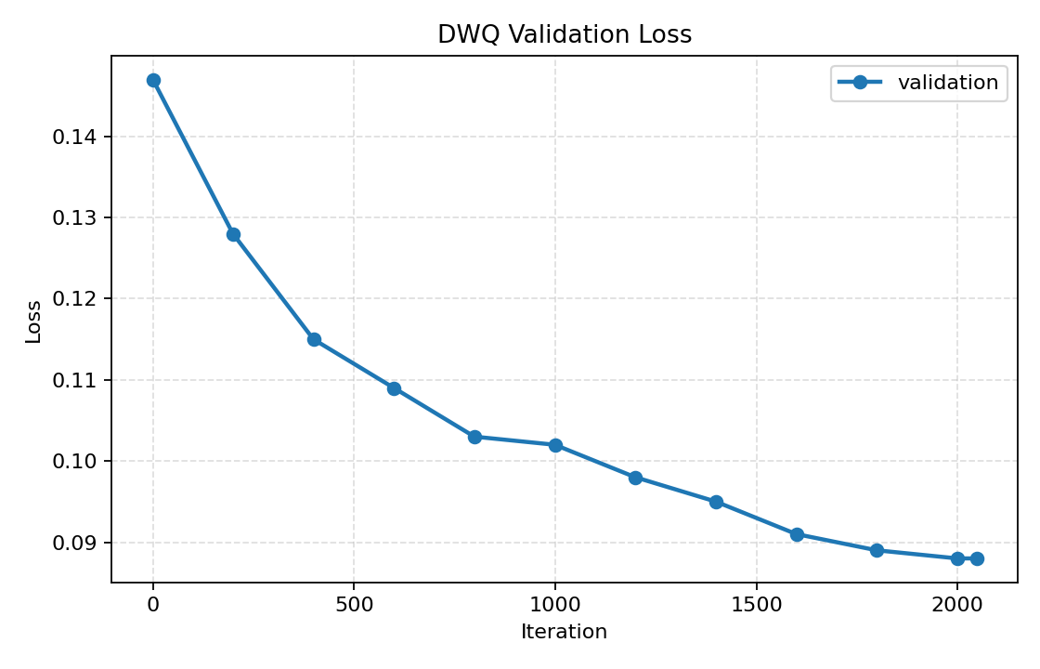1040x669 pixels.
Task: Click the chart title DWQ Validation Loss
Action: point(565,35)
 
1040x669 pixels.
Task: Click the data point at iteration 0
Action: point(153,80)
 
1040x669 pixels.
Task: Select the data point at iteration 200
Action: point(233,234)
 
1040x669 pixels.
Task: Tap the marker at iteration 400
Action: point(314,339)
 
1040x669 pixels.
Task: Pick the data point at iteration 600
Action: point(394,388)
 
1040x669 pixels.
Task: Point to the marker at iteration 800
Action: point(474,437)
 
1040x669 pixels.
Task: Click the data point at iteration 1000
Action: point(555,445)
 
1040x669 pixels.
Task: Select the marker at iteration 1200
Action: point(635,478)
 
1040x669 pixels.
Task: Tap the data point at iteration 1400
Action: point(716,502)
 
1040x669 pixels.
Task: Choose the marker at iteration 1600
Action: point(797,534)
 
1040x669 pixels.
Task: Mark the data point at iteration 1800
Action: point(877,550)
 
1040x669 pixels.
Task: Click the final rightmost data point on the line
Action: point(976,558)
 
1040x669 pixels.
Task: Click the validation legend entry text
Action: point(947,83)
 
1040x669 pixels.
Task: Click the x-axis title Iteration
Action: point(564,632)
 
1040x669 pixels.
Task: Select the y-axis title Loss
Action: point(33,321)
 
